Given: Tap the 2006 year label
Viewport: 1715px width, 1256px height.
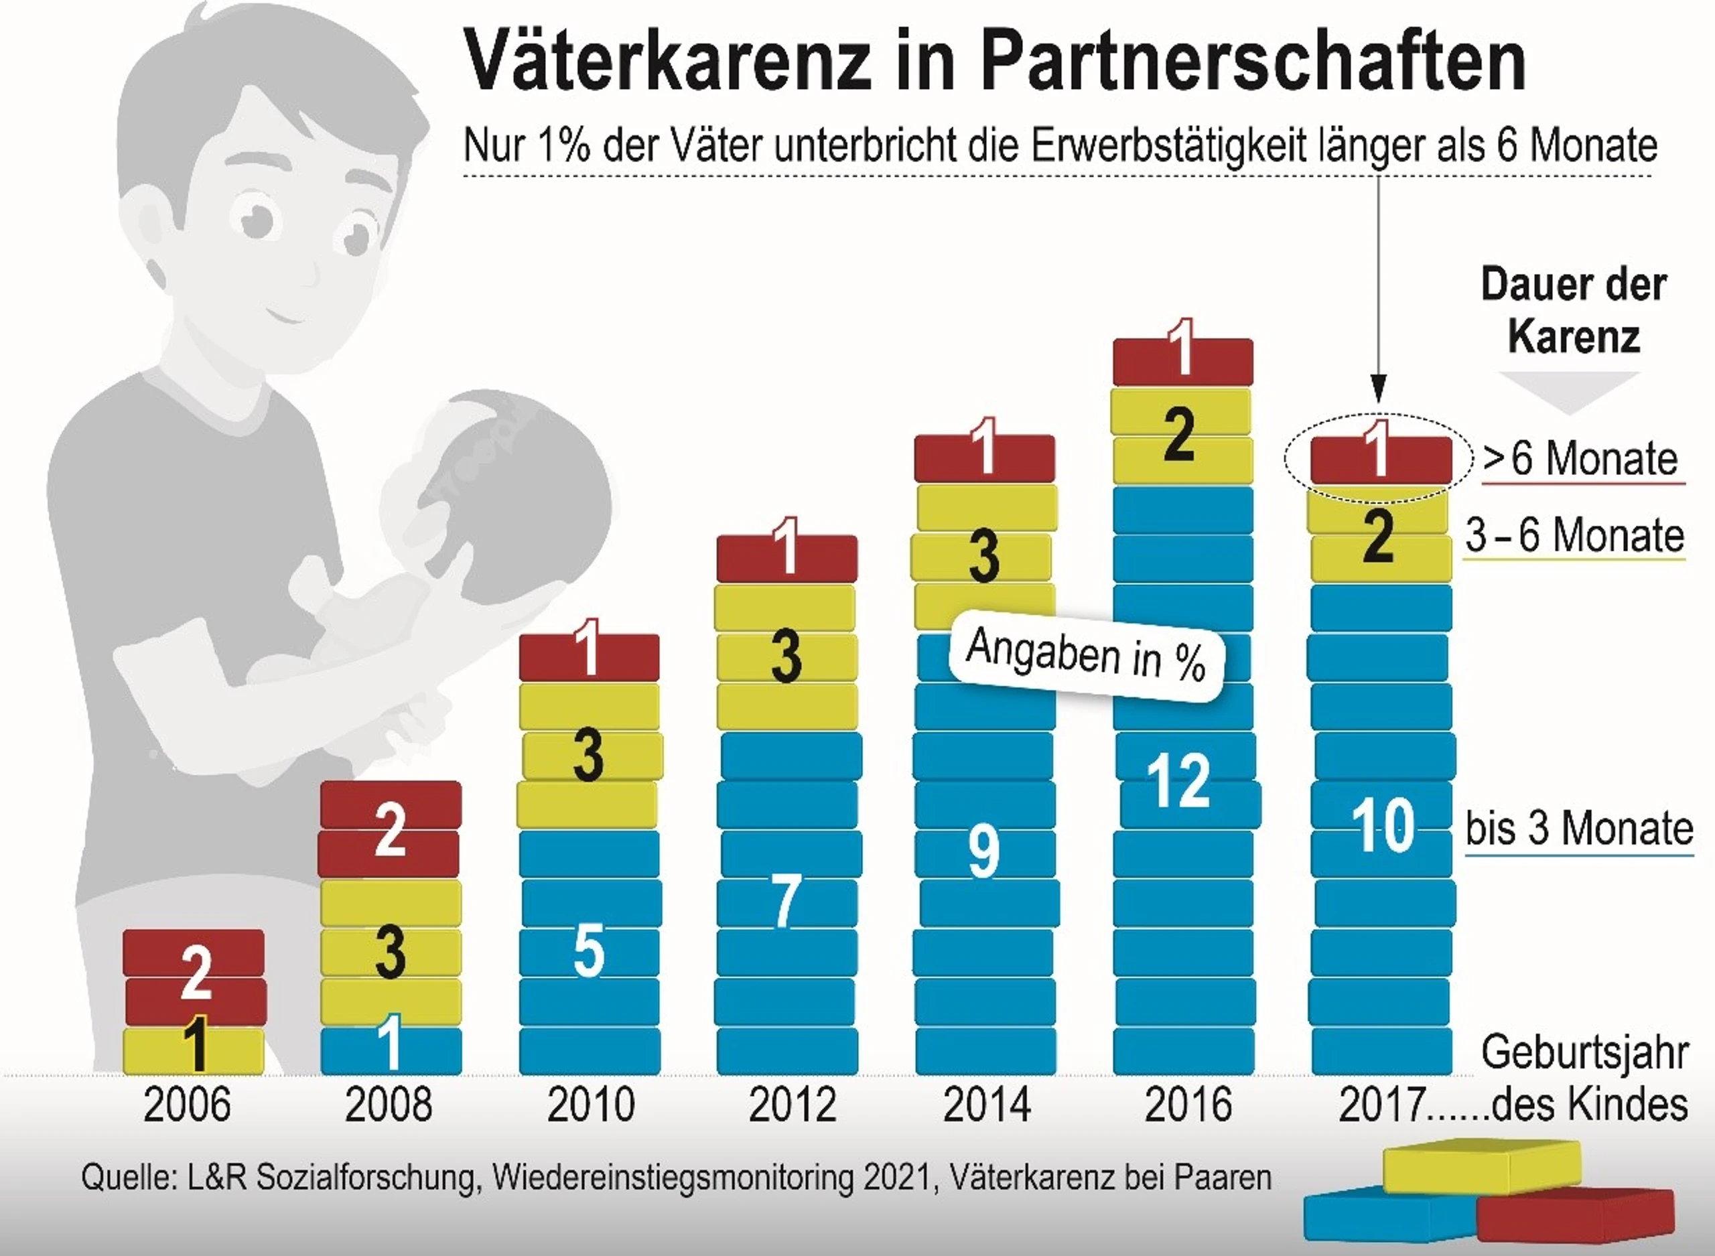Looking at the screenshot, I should point(187,1104).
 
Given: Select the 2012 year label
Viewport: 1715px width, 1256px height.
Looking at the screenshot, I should point(792,1104).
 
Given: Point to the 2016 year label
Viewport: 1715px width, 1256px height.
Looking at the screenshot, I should point(1188,1104).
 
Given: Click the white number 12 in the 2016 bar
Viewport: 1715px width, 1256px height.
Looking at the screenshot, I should point(1178,781).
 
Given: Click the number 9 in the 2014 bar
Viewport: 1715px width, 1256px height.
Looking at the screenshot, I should point(983,851).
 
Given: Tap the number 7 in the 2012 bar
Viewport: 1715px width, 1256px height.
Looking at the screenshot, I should point(786,902).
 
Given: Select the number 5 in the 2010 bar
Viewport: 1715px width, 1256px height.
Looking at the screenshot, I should point(589,951).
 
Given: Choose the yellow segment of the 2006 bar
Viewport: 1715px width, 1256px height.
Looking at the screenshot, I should point(194,1051).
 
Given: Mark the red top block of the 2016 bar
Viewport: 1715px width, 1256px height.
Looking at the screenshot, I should point(1183,360).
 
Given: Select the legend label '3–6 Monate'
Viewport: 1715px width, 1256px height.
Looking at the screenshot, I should point(1574,535).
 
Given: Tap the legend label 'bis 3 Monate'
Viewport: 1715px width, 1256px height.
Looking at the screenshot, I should point(1579,828).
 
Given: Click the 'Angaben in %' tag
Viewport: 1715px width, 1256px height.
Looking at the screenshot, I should point(1087,655).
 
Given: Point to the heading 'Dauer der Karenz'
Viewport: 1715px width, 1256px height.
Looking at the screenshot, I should point(1574,310).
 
